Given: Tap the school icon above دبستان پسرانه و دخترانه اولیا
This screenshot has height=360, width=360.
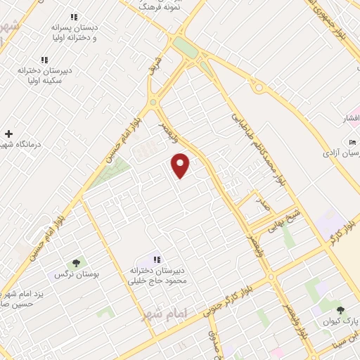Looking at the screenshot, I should (74, 17).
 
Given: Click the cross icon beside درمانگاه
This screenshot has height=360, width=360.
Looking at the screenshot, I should (8, 134).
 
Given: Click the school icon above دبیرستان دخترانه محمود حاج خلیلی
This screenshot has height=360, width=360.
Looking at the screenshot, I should (157, 259).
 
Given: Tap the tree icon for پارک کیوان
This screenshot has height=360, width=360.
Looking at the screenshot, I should (340, 310).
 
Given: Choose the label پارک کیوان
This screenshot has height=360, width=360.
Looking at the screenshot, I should (341, 322).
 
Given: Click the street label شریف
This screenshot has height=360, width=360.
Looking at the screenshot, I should (157, 66).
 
